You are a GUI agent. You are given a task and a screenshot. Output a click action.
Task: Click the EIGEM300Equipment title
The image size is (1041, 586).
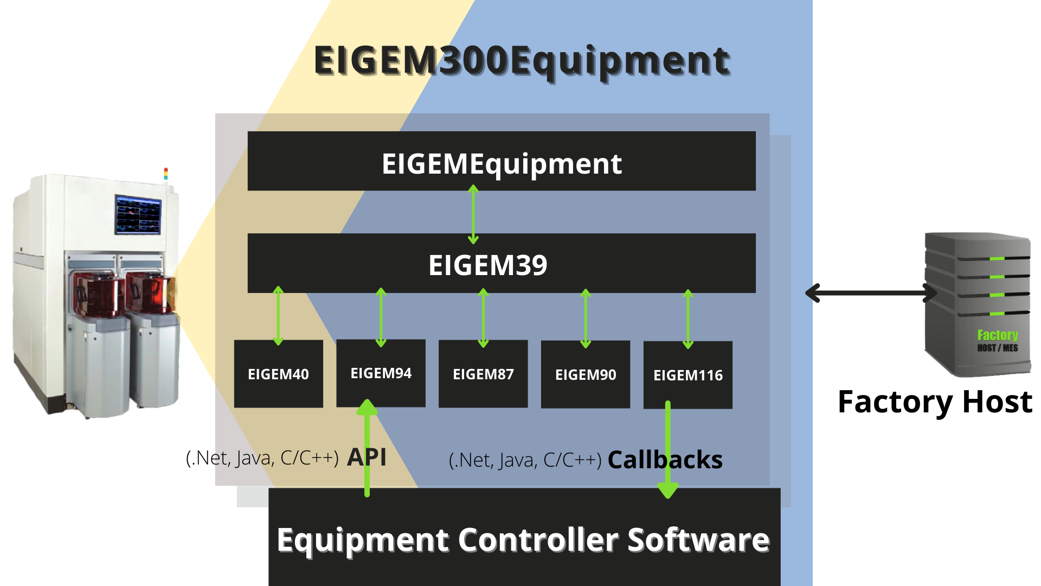tap(522, 61)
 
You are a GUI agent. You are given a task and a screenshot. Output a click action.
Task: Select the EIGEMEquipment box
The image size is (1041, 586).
tap(502, 161)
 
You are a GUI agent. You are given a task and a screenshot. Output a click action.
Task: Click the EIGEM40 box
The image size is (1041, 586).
tap(278, 374)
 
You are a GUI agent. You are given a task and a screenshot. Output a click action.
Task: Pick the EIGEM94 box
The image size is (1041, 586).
tap(381, 373)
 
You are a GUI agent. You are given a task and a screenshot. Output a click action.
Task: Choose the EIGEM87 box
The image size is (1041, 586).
tap(483, 374)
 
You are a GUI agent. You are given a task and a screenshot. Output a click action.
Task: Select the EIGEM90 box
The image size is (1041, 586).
tap(586, 374)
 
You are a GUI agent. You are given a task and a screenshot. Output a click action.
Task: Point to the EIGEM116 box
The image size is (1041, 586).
tap(687, 375)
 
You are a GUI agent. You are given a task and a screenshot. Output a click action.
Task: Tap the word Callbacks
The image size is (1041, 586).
tap(665, 460)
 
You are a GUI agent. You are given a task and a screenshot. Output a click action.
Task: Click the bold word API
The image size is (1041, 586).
tap(367, 457)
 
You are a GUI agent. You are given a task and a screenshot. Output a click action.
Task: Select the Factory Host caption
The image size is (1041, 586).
tap(935, 402)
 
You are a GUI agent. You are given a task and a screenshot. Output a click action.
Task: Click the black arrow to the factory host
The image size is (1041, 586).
tap(871, 293)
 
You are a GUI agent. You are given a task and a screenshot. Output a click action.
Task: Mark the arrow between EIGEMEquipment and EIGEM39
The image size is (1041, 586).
tap(473, 214)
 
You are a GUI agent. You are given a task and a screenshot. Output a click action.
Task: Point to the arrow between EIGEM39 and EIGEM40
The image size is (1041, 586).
tap(278, 316)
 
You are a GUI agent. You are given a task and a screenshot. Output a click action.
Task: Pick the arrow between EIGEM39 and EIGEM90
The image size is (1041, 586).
tap(586, 318)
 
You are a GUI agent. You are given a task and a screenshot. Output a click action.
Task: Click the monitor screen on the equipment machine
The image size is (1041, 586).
tap(138, 215)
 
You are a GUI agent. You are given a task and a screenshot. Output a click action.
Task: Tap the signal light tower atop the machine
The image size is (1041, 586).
tap(166, 174)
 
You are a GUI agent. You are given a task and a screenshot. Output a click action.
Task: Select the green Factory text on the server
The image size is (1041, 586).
tap(997, 335)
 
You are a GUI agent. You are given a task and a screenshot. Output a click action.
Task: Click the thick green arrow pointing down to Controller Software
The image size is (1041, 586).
tap(668, 450)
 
